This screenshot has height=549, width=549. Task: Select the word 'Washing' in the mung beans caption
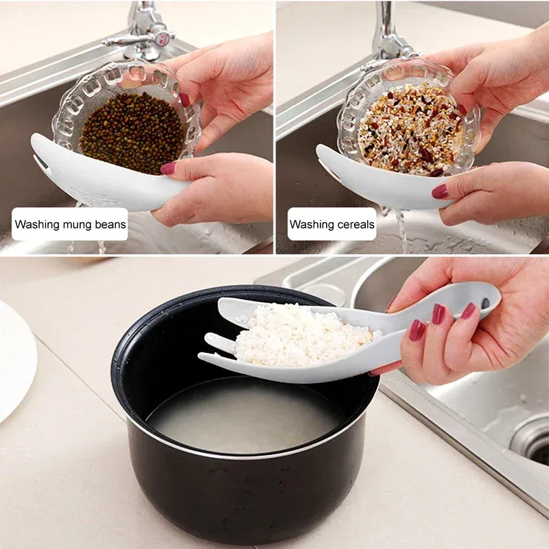(x=36, y=224)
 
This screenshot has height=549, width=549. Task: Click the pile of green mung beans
(x=133, y=133)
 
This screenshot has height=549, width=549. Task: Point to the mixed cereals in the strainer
(x=410, y=130)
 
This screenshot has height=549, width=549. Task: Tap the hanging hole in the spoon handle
(x=485, y=302)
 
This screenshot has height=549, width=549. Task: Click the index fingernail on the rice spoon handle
(x=437, y=314)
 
